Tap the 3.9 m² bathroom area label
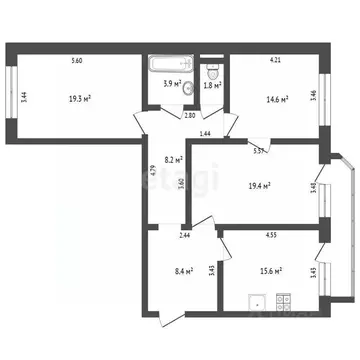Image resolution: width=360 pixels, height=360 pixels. (171, 84)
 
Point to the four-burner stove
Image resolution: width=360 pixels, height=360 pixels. (281, 298)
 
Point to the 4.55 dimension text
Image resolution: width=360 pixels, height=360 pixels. (271, 237)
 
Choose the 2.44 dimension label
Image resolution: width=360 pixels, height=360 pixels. (157, 236)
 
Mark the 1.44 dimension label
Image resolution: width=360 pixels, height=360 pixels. (204, 133)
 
